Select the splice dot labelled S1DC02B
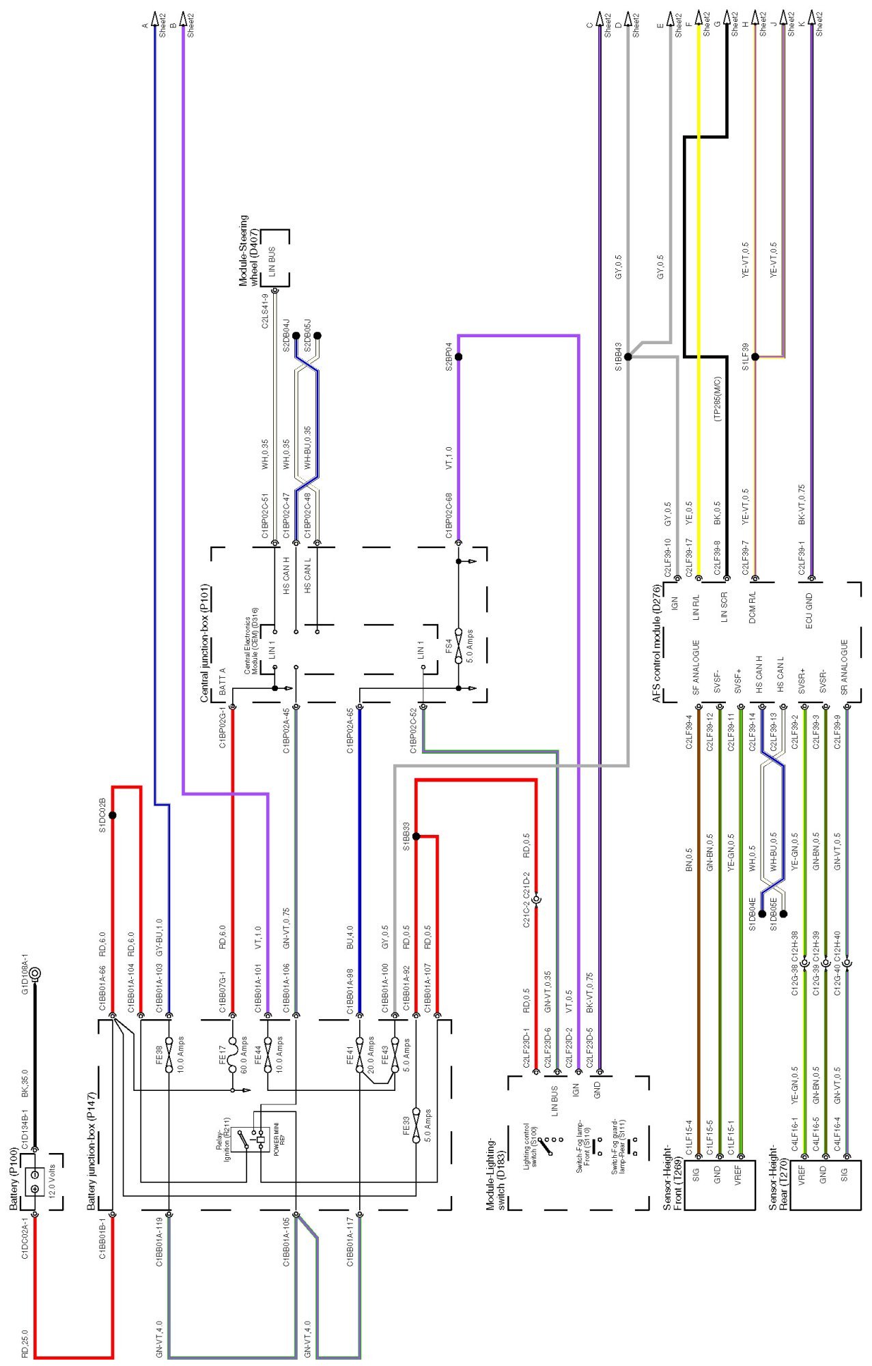click(113, 815)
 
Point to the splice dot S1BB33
click(416, 836)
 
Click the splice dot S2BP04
click(458, 357)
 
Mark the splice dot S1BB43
click(628, 356)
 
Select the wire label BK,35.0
click(25, 1083)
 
